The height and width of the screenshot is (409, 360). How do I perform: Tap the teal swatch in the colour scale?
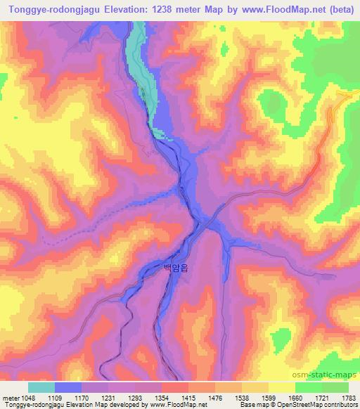click(x=41, y=387)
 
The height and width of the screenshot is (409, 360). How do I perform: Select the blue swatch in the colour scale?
click(x=68, y=387)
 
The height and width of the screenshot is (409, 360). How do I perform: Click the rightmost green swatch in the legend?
click(x=335, y=387)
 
